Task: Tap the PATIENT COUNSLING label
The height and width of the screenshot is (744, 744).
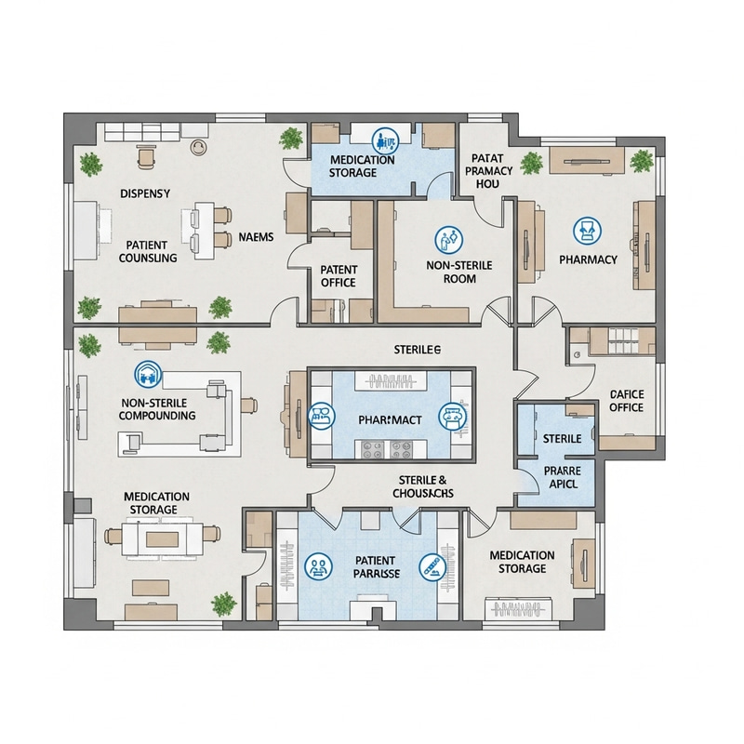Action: [x=149, y=250]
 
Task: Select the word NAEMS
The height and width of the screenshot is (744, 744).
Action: [x=256, y=237]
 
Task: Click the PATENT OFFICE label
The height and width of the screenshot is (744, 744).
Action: [x=339, y=276]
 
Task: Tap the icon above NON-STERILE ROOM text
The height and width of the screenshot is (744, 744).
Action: [x=449, y=239]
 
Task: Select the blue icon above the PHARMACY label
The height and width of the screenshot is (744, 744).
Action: [x=586, y=228]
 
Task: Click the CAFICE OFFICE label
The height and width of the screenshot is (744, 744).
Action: [x=626, y=401]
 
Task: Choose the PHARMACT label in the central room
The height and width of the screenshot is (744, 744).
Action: [x=390, y=420]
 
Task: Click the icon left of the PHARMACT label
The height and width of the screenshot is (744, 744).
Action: [x=321, y=416]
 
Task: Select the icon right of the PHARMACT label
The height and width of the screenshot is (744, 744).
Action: [x=452, y=415]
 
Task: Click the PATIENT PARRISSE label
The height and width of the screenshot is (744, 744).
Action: [x=376, y=567]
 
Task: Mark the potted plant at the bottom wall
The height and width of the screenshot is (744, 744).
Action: [x=223, y=604]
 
